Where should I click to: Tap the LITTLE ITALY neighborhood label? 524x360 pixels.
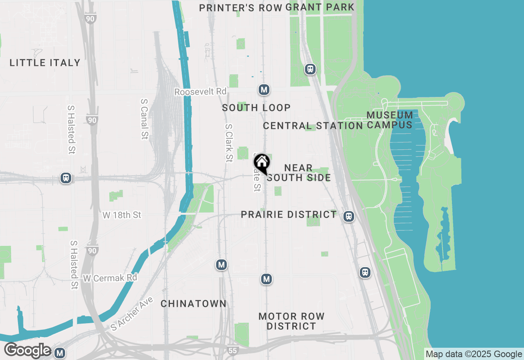coord(45,63)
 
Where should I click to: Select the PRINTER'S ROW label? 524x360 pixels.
coord(241,8)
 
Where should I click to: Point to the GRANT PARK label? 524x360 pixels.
coord(320,7)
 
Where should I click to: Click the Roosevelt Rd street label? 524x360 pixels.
coord(200,92)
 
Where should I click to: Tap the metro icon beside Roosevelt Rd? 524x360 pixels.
coord(264,90)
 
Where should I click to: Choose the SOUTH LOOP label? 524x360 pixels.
coord(256,108)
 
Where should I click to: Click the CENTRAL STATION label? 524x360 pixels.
coord(313,126)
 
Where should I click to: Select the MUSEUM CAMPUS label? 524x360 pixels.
coord(389,120)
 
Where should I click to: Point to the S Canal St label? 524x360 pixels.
coord(144,119)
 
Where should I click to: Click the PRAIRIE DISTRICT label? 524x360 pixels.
coord(289,215)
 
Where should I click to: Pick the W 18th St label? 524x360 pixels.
coord(122,215)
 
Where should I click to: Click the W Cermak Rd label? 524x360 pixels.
coord(110,278)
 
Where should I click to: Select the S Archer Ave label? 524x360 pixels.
coord(132,314)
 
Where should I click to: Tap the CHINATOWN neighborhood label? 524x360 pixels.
coord(193,304)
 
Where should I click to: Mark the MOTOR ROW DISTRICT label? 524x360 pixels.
coord(291,321)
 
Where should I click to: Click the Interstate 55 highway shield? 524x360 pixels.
coord(233,350)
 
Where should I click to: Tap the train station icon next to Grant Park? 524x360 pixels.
coord(310,69)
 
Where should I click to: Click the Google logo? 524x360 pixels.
coord(27,351)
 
